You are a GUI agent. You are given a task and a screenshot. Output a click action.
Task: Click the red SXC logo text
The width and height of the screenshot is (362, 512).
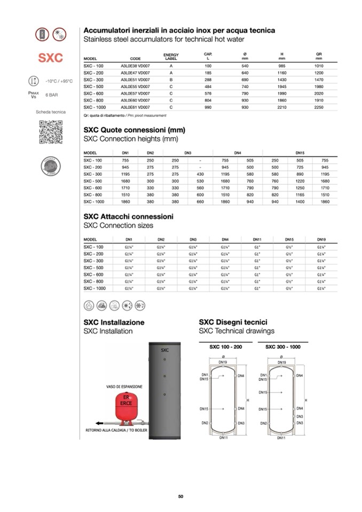coord(50,58)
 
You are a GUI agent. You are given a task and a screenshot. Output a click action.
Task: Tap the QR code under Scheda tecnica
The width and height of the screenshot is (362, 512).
coord(50,132)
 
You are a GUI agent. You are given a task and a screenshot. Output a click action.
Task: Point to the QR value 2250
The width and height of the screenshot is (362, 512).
coord(319,107)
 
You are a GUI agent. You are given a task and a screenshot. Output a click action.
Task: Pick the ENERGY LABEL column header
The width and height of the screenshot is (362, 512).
coord(171,56)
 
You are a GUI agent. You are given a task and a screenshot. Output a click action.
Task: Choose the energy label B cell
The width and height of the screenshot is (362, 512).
coord(171,79)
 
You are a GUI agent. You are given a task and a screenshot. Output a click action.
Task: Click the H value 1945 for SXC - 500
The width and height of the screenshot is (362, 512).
coord(281,86)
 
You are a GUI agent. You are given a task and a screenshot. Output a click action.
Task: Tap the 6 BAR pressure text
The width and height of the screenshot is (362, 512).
coord(52,94)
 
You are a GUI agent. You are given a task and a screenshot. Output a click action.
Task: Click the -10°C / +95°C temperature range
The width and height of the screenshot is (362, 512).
coord(59,81)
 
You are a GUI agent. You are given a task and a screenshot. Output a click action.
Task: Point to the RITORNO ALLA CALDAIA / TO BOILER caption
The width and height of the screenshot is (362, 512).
coord(116,429)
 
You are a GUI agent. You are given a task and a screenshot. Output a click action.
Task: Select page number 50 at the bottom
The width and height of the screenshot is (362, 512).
coord(180,497)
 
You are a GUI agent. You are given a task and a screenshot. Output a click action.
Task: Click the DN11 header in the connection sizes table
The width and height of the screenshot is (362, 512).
coord(257,240)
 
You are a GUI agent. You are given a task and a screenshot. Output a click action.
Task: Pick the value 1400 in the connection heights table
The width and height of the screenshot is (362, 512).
coord(300,202)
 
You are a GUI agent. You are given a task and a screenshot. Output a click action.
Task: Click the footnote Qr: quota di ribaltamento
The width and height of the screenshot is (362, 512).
coord(105,115)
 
